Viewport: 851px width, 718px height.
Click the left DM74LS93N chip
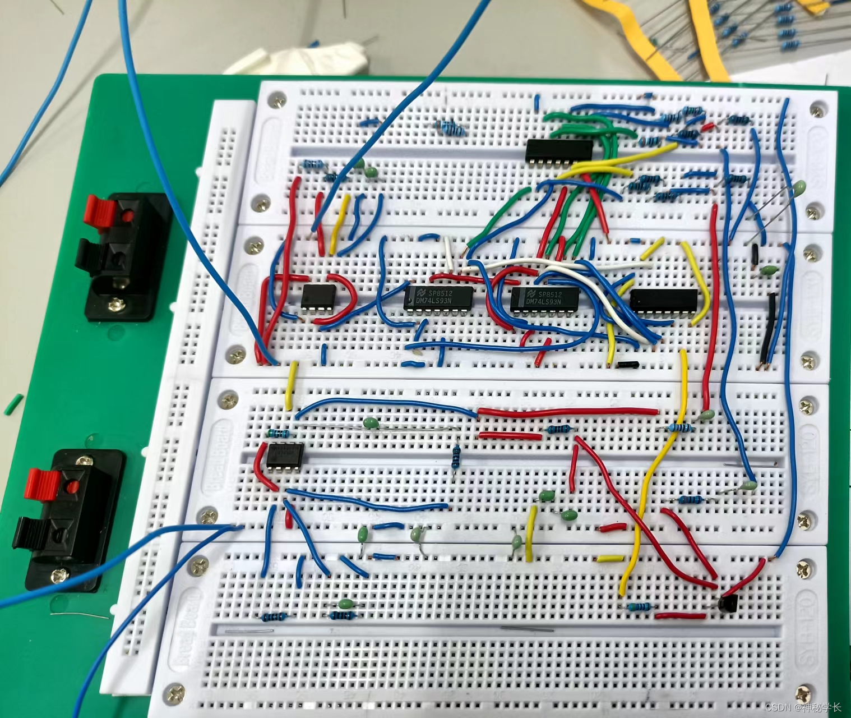[439, 298]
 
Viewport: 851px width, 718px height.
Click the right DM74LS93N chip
[544, 298]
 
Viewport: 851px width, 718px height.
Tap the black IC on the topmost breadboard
[558, 150]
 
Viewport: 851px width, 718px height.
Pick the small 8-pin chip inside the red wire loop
[318, 296]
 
